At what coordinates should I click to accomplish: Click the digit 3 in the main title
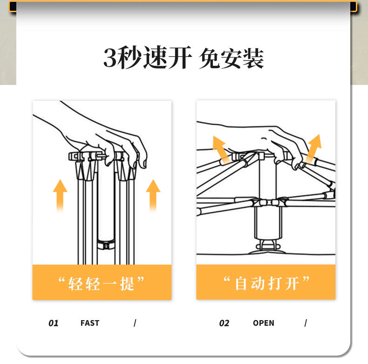click(x=110, y=57)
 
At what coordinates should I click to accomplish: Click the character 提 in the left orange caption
click(x=127, y=284)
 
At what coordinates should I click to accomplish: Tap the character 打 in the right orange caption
click(x=275, y=284)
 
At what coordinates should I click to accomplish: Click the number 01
click(x=53, y=323)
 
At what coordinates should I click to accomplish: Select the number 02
click(x=224, y=323)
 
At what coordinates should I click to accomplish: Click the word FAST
click(x=90, y=323)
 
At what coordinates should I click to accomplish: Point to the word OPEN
click(x=264, y=323)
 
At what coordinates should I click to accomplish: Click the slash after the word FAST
click(x=135, y=323)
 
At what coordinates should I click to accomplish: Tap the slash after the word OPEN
click(x=306, y=323)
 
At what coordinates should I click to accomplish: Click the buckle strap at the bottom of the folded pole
click(x=106, y=245)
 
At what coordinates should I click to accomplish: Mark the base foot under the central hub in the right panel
click(x=267, y=248)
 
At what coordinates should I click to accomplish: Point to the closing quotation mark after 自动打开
click(x=306, y=280)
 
